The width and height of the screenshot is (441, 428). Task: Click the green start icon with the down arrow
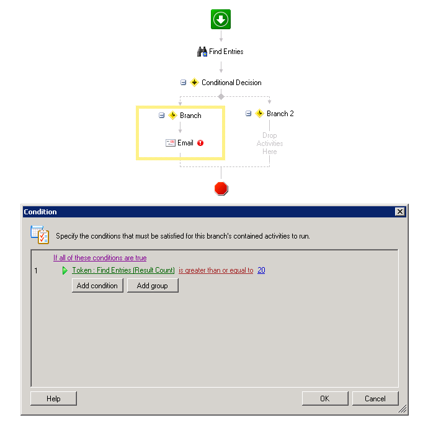point(221,19)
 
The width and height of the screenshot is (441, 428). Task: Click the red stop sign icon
point(221,188)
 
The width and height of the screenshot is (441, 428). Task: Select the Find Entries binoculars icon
point(202,52)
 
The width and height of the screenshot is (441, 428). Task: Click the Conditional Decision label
point(231,83)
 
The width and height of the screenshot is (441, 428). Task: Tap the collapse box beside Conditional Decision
point(184,83)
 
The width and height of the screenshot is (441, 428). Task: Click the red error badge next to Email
point(200,143)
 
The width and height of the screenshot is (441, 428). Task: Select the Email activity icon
point(171,143)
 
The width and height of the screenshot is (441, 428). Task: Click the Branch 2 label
point(280,114)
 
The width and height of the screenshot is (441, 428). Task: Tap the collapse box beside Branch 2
point(248,114)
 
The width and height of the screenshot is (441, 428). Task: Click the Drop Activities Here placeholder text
point(270,143)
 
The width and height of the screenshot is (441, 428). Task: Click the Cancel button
point(375,398)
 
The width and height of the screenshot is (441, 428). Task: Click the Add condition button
point(97,285)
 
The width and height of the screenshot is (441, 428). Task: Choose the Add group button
point(153,285)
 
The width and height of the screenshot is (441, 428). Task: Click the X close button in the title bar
point(399,212)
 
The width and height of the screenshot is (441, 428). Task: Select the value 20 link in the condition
point(261,270)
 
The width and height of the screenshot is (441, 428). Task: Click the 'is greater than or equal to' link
point(216,270)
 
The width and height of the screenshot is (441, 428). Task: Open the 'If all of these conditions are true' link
point(100,258)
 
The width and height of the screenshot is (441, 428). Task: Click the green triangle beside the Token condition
point(65,270)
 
